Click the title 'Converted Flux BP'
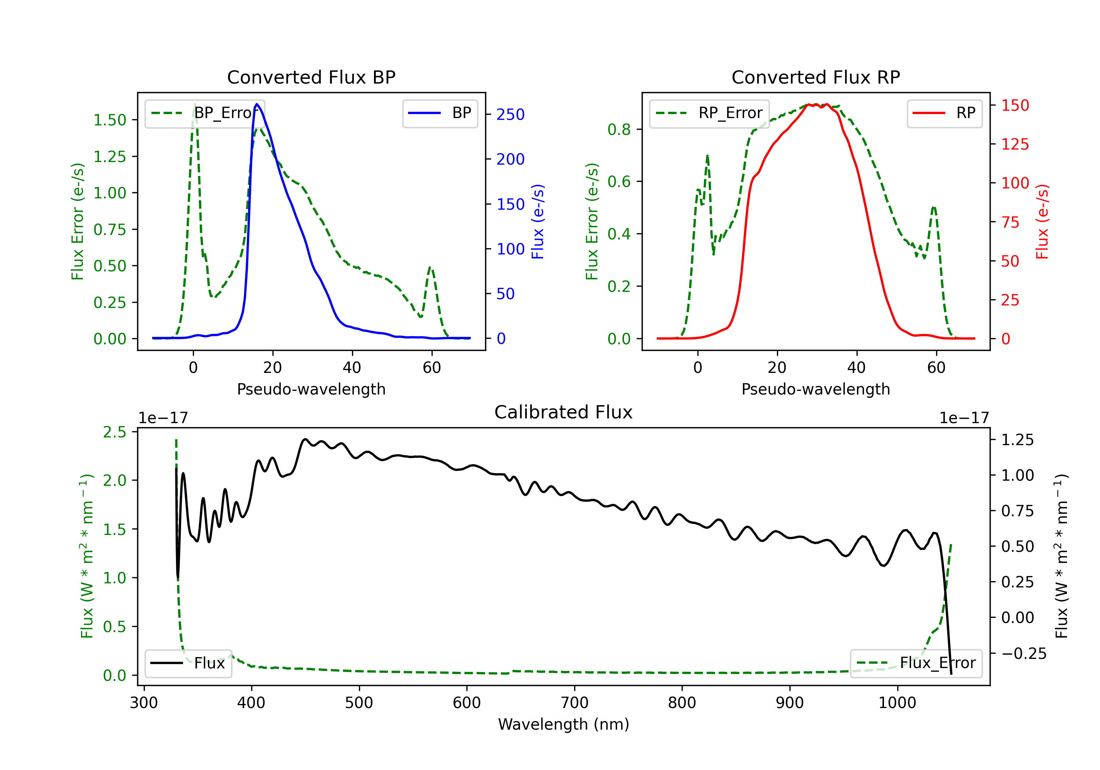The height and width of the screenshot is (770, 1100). tap(311, 77)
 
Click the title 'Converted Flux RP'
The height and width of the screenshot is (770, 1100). tap(816, 77)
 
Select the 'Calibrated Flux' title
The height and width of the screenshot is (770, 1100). tap(564, 412)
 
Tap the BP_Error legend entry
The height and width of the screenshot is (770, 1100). tap(205, 113)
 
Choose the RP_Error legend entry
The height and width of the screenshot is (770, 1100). tap(709, 113)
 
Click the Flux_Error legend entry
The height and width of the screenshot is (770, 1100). tap(916, 663)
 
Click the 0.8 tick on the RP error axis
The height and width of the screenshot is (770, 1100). tap(619, 129)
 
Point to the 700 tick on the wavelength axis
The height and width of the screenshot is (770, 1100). tap(575, 703)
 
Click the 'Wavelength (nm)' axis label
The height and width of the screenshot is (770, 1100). tap(564, 725)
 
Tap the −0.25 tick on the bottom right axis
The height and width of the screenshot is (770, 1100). tap(1024, 653)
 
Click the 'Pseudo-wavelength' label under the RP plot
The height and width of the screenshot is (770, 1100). tap(816, 389)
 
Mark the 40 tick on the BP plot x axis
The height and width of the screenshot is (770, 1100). tap(352, 367)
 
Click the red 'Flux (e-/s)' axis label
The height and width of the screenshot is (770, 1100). tap(1042, 222)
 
